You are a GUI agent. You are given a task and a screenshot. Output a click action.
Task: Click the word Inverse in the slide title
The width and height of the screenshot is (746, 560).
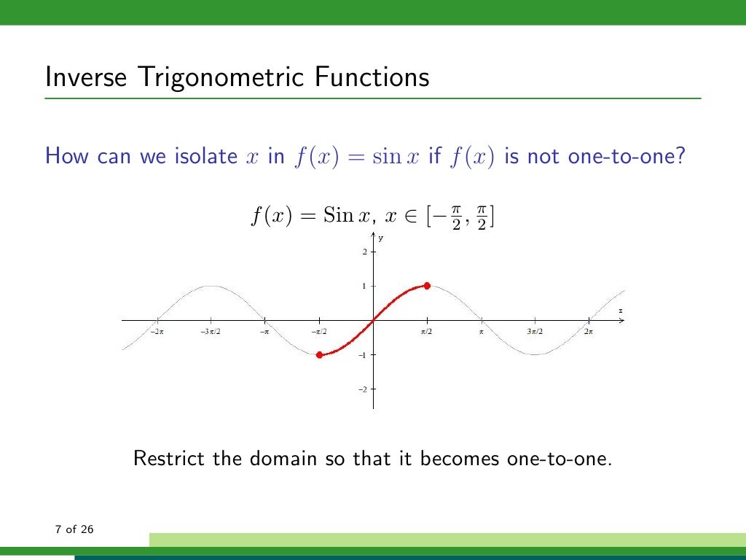(x=81, y=77)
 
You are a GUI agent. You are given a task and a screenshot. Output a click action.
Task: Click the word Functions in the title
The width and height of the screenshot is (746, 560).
(x=371, y=77)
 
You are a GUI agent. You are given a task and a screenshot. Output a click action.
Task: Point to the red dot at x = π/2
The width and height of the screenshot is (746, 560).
(x=427, y=286)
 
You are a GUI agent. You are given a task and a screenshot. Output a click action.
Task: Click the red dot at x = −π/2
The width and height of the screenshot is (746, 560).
(x=319, y=354)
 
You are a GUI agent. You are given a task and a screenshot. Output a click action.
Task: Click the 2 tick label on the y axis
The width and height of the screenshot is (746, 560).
(x=364, y=252)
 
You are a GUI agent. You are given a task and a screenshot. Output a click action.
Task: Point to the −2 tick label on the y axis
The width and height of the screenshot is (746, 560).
(x=362, y=389)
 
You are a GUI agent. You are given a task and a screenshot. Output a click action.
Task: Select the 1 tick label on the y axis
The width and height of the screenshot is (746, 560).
(x=364, y=287)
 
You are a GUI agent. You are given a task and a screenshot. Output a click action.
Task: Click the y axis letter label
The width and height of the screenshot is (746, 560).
(x=380, y=238)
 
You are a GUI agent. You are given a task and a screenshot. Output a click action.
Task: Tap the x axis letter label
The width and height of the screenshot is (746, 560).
(x=621, y=311)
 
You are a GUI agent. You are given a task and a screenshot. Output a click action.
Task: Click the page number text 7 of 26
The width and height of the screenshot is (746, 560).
(x=74, y=529)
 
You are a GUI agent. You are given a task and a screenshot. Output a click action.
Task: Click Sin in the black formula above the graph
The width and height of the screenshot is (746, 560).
(x=337, y=217)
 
